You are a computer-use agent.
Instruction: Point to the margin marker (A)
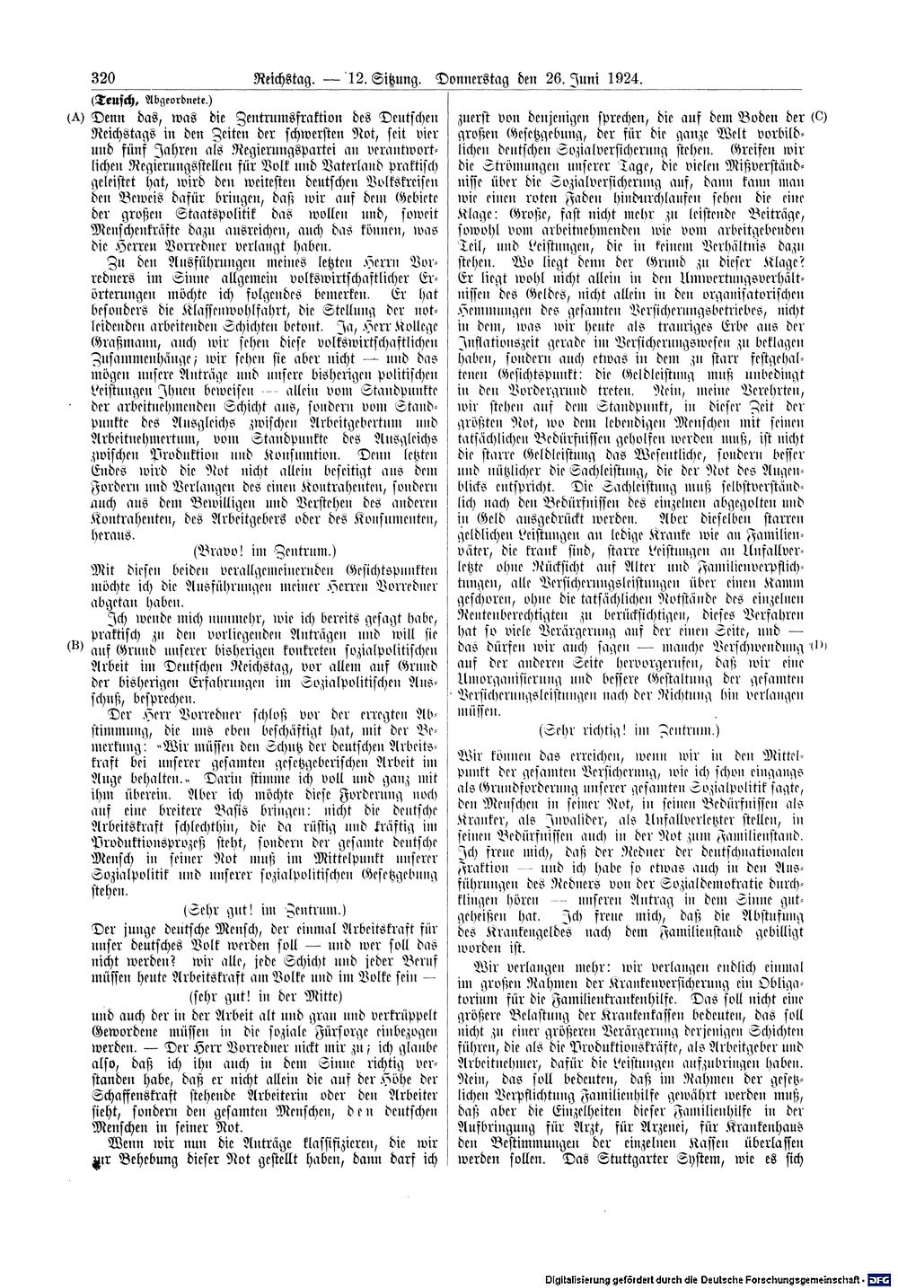(74, 117)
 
